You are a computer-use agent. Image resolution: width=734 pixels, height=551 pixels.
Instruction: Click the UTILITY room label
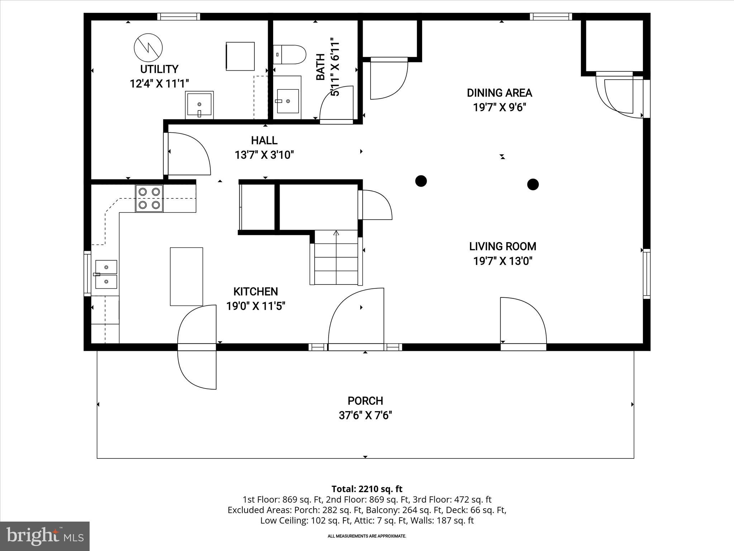click(159, 69)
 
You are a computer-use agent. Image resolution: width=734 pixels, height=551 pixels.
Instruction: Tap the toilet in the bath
click(290, 55)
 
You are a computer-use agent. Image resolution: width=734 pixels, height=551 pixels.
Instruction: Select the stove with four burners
click(149, 198)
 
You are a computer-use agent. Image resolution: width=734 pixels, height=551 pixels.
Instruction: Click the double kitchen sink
click(106, 274)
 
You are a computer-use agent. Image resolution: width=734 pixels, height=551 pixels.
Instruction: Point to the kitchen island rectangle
click(186, 277)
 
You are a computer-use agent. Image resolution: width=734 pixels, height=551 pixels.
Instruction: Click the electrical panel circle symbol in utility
click(148, 47)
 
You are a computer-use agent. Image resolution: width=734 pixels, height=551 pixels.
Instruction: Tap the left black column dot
click(421, 181)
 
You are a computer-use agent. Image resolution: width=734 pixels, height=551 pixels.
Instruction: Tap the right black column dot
click(533, 184)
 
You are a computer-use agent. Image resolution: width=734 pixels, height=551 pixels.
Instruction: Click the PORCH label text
click(365, 401)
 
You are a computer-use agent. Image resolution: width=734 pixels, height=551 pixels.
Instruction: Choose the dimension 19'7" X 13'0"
click(502, 261)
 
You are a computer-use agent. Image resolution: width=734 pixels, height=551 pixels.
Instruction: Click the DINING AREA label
click(499, 93)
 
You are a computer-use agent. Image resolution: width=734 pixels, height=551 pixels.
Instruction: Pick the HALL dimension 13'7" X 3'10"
click(264, 155)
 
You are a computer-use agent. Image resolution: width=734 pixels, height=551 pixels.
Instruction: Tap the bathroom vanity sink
click(288, 101)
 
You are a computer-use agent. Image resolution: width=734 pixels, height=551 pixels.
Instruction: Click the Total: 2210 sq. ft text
click(367, 489)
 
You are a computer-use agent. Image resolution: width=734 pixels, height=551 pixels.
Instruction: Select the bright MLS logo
click(45, 536)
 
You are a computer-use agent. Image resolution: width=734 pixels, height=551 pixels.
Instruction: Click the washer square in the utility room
click(240, 56)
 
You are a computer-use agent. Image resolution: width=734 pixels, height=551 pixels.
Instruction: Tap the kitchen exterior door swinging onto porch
click(197, 366)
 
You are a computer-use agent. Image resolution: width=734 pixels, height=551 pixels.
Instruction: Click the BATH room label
click(320, 67)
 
